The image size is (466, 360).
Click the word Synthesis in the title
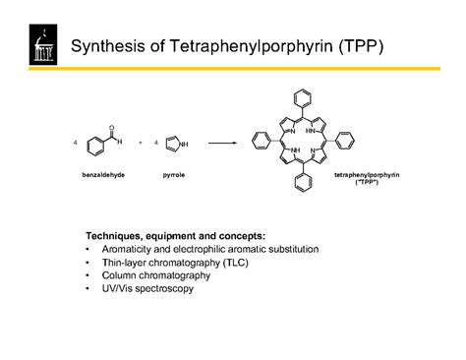(107, 47)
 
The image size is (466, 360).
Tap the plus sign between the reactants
(142, 143)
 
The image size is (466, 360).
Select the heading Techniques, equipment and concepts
(175, 237)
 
